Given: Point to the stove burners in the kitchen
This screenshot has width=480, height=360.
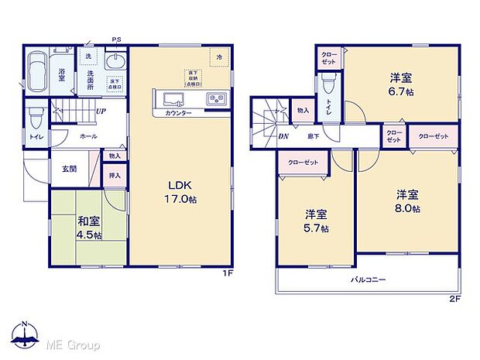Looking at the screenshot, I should pos(214,99).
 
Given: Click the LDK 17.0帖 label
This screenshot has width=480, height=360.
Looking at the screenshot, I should pos(181,190).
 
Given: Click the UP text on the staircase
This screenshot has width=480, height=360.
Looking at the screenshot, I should pos(101,111).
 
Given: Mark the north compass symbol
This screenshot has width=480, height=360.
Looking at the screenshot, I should pos(26,334).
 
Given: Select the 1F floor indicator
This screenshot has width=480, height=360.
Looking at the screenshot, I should pos(228,273).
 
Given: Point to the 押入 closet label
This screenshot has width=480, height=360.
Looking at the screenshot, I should pos(115,176).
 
